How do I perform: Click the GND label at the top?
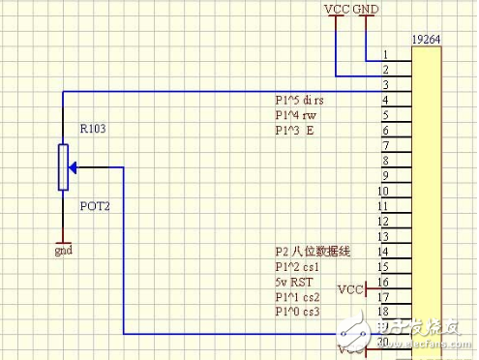pos(367,9)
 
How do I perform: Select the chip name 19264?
pos(428,40)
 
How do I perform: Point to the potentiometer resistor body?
pos(63,166)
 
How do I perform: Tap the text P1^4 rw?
pos(296,114)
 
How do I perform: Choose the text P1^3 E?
pos(294,129)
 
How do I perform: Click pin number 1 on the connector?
pos(386,55)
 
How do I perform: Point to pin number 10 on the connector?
pos(384,192)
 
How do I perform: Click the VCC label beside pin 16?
pos(349,288)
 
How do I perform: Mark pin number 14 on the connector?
pos(384,252)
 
